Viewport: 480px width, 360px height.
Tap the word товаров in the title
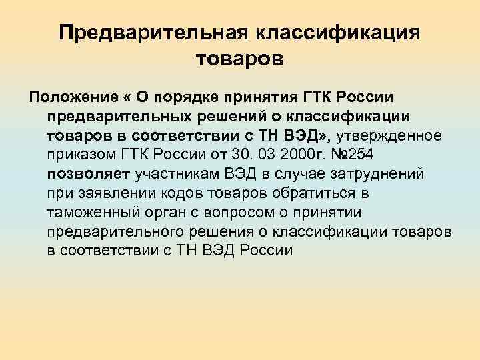[x=240, y=60]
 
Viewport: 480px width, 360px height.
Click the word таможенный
[x=93, y=213]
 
